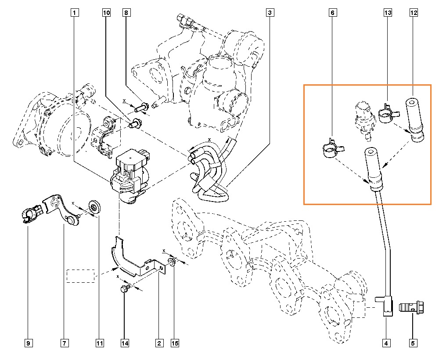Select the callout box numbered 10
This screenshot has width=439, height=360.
(106, 13)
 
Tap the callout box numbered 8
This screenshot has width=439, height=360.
(126, 13)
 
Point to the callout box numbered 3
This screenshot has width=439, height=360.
(270, 13)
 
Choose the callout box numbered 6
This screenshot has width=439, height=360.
(333, 13)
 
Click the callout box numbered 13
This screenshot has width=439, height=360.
(388, 13)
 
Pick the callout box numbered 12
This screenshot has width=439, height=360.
(413, 13)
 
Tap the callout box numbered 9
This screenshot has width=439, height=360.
(28, 342)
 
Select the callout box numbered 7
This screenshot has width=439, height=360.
(64, 342)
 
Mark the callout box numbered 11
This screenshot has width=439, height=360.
(100, 342)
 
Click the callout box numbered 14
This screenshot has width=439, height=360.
(125, 342)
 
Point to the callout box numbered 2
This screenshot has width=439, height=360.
(158, 342)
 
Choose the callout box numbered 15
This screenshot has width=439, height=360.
(175, 342)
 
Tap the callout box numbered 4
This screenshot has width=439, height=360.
(386, 342)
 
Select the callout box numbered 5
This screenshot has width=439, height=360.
(413, 342)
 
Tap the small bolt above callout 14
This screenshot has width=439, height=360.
(125, 289)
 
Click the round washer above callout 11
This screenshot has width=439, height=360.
(93, 206)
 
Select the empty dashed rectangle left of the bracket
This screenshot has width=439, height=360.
(80, 276)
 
